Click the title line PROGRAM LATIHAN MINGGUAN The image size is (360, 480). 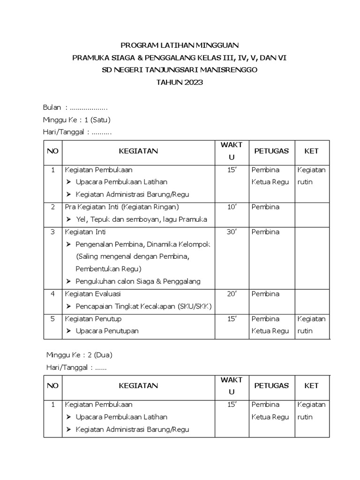[x=180, y=45]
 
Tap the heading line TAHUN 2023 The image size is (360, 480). [x=180, y=82]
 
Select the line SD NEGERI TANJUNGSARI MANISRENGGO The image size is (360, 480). [x=180, y=70]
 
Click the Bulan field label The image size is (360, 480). [x=52, y=107]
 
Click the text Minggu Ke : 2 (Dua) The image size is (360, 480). [x=79, y=354]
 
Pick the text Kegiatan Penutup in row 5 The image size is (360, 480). [x=93, y=319]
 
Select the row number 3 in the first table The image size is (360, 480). [x=52, y=232]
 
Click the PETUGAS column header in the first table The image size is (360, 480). [x=271, y=151]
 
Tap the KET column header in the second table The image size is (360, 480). [x=311, y=386]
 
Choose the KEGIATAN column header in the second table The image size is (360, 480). [x=138, y=386]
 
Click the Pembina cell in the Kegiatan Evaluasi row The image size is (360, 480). [x=265, y=294]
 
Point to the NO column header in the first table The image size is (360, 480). [x=52, y=151]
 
